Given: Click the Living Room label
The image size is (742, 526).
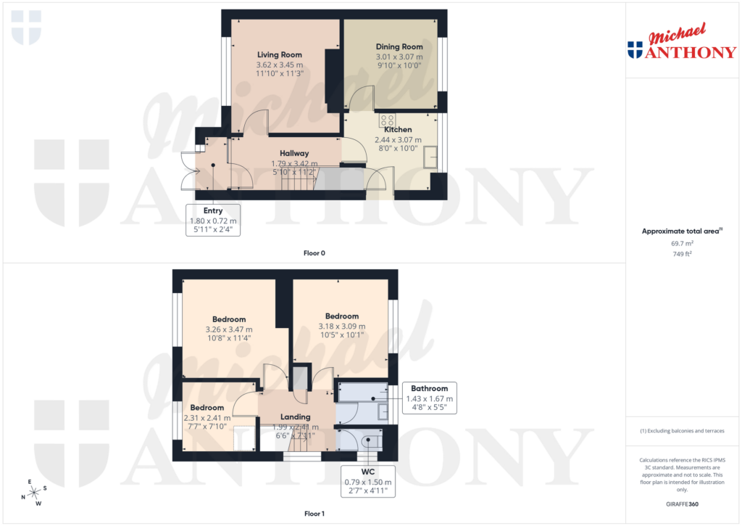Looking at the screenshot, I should point(280,54).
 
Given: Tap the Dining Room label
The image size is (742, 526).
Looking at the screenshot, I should point(399,47).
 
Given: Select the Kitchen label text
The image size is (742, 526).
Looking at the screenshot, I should point(393,130).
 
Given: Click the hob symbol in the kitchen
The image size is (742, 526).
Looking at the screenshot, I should point(388,120).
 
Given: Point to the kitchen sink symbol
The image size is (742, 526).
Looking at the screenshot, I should point(433,155).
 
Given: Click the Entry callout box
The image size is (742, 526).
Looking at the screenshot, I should point(213,220).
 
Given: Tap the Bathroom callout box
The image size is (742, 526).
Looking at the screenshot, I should point(430,398).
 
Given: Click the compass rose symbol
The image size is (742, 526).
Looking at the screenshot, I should point(33,493).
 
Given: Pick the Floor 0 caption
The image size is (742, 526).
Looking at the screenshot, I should point(314,253).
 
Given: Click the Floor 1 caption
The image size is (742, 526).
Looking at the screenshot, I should point(314,514).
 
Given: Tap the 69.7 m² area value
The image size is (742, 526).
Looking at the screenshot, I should point(683,245).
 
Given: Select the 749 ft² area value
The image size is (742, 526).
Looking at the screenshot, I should point(683,255).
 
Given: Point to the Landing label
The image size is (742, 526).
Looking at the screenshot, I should point(296,417).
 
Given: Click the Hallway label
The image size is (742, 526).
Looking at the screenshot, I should point(294,153).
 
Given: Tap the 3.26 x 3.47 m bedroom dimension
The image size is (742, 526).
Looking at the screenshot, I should point(229,329).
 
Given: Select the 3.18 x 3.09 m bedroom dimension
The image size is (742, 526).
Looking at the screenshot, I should point(342,326).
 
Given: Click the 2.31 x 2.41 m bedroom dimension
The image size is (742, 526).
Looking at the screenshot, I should point(207,418).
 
